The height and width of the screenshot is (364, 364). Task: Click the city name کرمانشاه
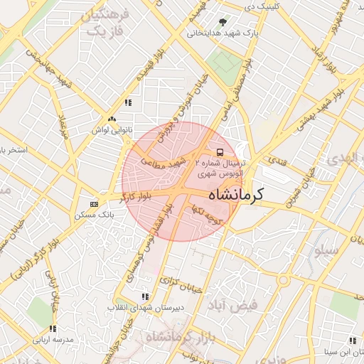point(237,193)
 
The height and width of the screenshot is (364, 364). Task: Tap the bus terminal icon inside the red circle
point(220,152)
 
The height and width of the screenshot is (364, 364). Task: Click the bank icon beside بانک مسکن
point(94,204)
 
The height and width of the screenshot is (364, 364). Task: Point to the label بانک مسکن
point(95,214)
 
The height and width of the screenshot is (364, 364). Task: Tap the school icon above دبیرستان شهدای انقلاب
point(145,296)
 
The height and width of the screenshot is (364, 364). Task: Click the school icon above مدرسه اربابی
point(53,329)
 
